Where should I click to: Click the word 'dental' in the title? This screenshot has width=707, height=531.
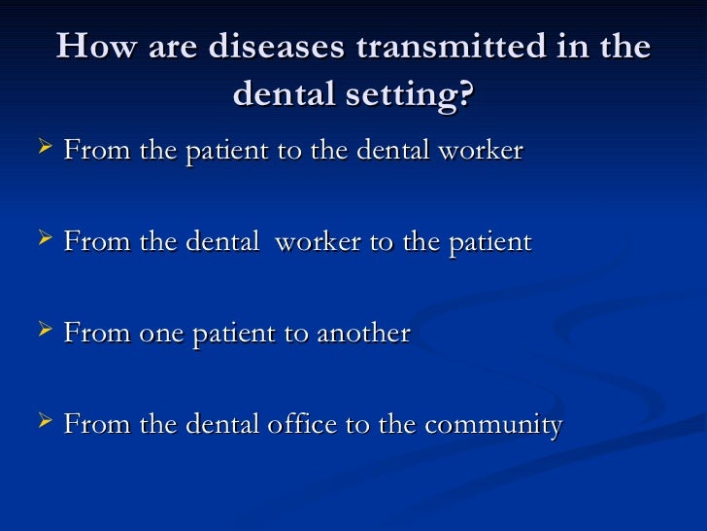pyautogui.click(x=283, y=94)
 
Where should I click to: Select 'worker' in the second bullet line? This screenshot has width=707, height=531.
pyautogui.click(x=318, y=243)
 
